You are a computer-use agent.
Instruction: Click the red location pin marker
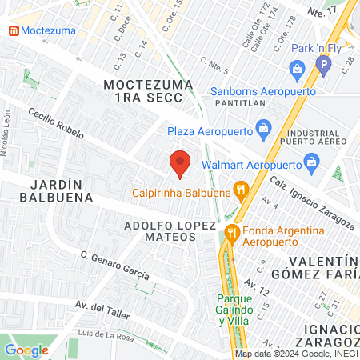[180, 163]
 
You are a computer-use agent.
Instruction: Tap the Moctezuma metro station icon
[13, 31]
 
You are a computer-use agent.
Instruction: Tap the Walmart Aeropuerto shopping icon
[313, 166]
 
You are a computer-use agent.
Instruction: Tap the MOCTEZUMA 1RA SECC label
[148, 90]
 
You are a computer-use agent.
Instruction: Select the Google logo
[26, 350]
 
